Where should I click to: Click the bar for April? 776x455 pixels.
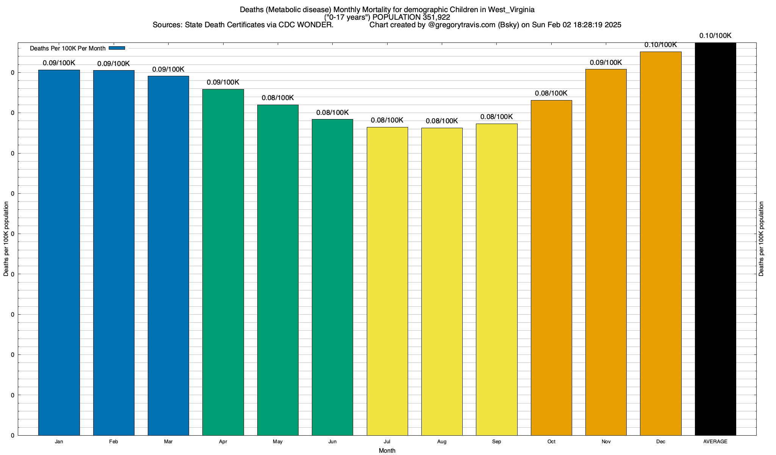point(223,262)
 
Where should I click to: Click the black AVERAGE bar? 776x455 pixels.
point(715,239)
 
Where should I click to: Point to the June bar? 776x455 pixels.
point(332,277)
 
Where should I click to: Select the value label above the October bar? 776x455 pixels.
point(551,93)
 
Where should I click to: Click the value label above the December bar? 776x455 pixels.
point(660,45)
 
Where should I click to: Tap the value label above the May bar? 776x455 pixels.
point(278,98)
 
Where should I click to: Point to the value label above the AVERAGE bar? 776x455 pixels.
point(715,36)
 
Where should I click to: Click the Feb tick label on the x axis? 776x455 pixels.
point(113,442)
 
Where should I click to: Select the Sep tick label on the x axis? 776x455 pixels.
point(496,442)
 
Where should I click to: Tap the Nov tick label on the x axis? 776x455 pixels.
point(606,442)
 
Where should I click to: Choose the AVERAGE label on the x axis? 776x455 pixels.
point(715,442)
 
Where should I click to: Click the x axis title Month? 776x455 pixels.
point(387,450)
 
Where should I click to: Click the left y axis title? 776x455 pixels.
point(6,239)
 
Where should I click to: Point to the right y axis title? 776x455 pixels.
point(762,239)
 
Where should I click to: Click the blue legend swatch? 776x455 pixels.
point(117,48)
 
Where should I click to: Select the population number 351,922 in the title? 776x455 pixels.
point(436,17)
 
